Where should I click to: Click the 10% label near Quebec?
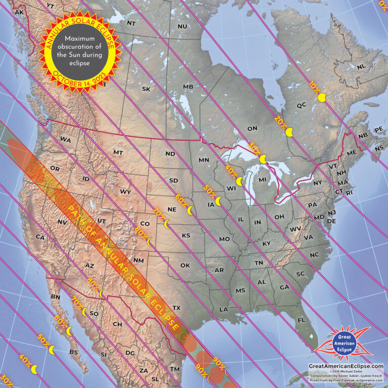pos(314,87)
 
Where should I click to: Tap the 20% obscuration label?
pos(280,121)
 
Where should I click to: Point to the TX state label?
pos(176,308)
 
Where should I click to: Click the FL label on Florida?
pos(302,320)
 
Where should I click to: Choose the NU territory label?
pos(182,26)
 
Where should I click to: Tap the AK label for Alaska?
pos(20,12)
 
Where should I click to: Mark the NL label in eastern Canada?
pos(361,67)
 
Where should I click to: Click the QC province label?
pos(302,105)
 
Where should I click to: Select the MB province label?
pos(188,87)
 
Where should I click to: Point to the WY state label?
pos(125,191)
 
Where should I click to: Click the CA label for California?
pos(40,236)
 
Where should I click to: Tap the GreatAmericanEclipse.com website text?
pos(346,366)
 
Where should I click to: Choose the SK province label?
pos(146,89)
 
